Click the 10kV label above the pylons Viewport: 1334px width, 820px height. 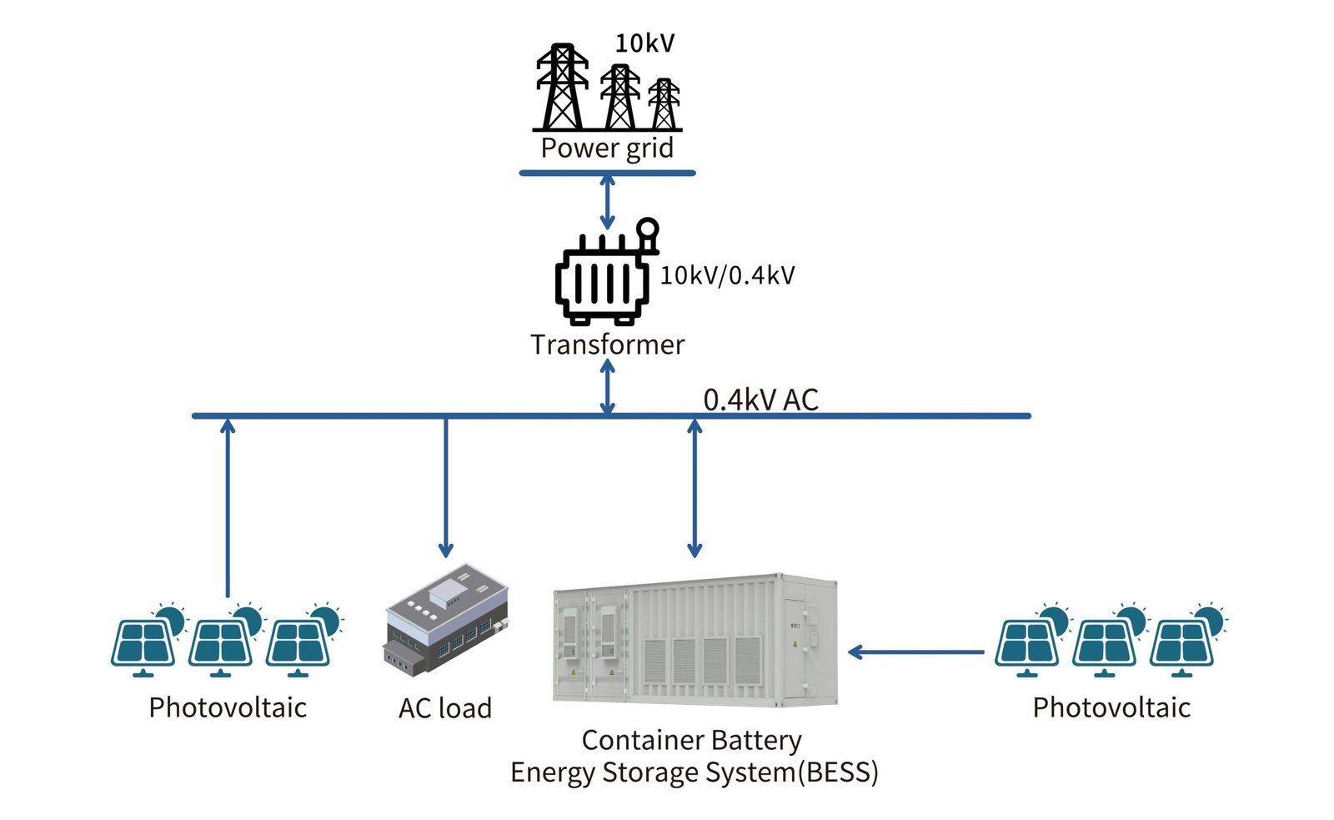pos(644,43)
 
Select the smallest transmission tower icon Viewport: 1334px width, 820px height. pos(664,104)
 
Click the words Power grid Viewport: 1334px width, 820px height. pos(607,148)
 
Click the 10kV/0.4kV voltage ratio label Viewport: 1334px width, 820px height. pos(727,276)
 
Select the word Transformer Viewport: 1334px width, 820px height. pos(607,345)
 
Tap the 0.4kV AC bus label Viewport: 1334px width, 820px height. pos(760,400)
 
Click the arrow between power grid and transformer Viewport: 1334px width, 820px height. pos(608,202)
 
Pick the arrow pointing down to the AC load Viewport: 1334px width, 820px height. pos(446,488)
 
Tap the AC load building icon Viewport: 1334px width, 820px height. pos(446,617)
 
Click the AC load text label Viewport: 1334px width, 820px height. pos(445,708)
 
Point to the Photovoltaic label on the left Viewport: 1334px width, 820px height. pos(228,707)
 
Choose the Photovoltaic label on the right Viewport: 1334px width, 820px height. pos(1111,707)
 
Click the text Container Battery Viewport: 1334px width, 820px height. pos(691,740)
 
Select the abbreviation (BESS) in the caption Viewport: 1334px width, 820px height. pos(838,772)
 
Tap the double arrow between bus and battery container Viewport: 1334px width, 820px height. pos(695,488)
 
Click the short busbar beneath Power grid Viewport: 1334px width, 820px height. pos(607,174)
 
